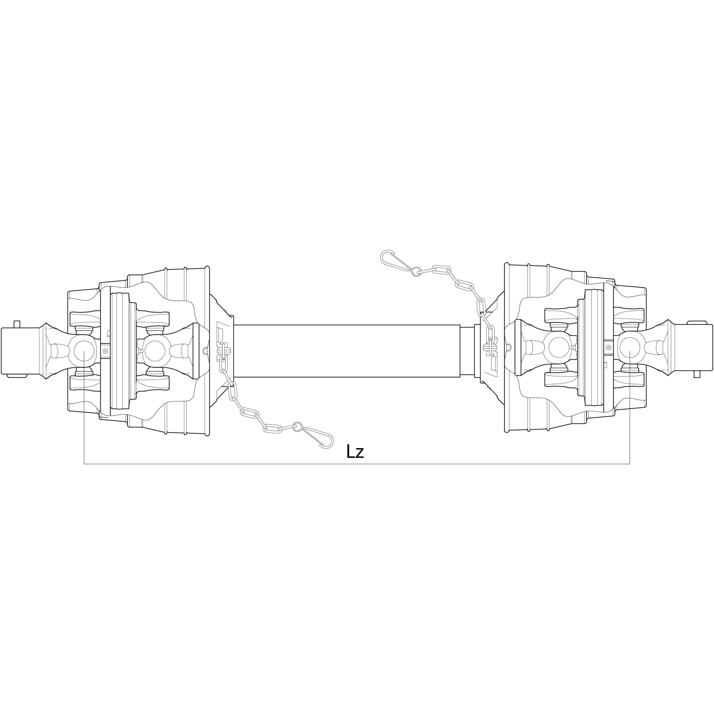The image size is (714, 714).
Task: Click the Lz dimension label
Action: coord(355,452)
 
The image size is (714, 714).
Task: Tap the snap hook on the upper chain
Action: coord(398,261)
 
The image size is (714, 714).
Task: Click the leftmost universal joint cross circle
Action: coord(85,350)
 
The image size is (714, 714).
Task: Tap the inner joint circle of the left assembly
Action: coord(156,350)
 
